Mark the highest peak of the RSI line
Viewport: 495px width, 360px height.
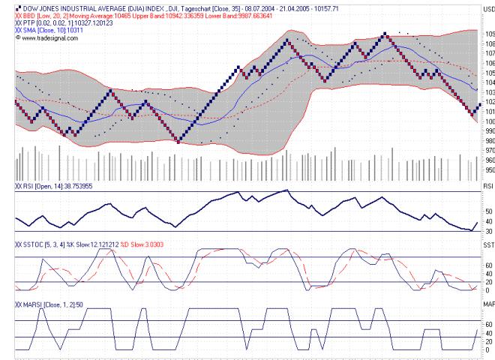(x=286, y=190)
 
